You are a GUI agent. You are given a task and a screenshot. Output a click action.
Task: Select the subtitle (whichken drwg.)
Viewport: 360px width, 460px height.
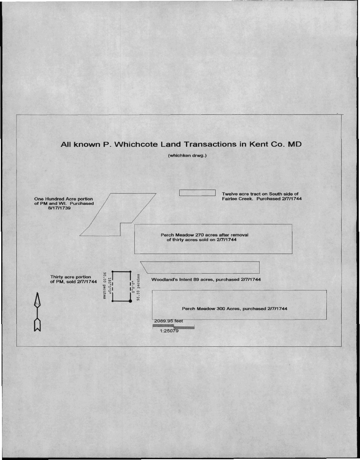187,155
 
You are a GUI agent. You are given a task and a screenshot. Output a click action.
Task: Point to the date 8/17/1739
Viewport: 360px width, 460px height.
59,208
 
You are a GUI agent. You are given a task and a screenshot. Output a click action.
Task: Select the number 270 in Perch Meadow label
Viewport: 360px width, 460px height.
200,235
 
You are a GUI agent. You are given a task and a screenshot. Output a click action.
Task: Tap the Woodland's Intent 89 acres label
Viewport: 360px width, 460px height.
206,279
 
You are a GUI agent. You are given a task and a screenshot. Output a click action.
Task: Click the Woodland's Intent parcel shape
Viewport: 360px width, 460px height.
200,262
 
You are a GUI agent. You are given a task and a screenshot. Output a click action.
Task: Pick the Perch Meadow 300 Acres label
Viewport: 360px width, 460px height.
234,309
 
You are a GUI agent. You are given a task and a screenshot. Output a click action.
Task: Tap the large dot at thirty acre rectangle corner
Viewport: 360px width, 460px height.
130,301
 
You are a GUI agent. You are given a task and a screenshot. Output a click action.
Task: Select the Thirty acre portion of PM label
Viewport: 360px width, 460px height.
73,279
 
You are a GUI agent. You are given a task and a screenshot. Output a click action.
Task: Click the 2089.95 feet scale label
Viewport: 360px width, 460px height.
168,321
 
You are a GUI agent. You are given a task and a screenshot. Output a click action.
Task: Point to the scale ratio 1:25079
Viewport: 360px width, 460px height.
169,331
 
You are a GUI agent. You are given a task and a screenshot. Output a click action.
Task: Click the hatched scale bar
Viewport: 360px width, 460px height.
173,326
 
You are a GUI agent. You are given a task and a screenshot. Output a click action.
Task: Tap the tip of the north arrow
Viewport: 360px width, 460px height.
37,293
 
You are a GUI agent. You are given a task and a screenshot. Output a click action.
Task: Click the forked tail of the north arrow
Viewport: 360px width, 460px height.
37,325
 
